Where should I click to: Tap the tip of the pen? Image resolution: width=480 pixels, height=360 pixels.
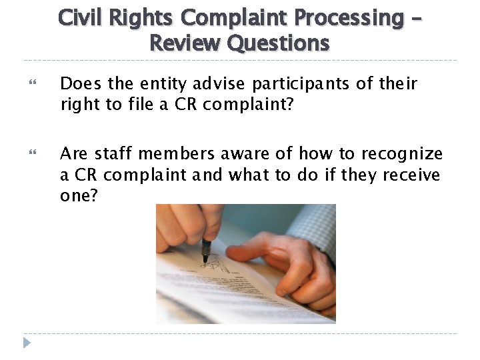coord(204,261)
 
